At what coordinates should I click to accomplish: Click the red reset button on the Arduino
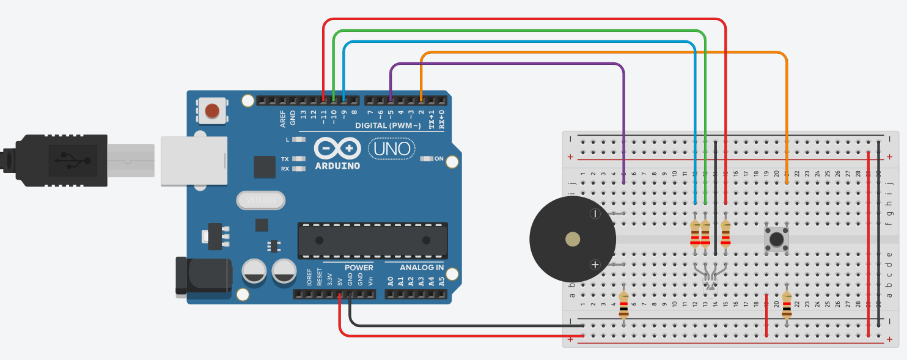click(x=212, y=111)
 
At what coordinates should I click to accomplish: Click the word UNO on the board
click(x=392, y=149)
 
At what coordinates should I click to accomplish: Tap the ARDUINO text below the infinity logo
click(x=337, y=166)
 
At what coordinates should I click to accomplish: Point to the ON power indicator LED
click(x=425, y=159)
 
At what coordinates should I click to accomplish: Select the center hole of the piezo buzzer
click(x=573, y=239)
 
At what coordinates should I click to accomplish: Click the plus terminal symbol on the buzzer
click(x=595, y=265)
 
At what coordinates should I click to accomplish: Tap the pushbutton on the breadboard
click(x=776, y=239)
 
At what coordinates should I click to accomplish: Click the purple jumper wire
click(x=507, y=64)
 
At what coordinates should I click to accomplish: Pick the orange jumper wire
click(x=605, y=53)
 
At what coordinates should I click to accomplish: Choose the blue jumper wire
click(x=520, y=42)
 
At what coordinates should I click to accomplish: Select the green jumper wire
click(x=520, y=31)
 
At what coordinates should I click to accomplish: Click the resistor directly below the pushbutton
click(x=787, y=304)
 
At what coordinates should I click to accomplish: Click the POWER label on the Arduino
click(x=358, y=268)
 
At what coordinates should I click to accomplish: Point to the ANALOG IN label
click(x=422, y=268)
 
